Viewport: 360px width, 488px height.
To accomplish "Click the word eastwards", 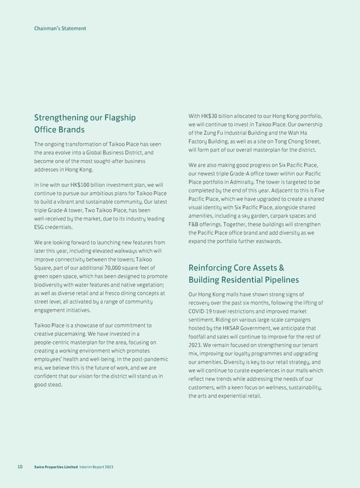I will pos(266,241).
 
